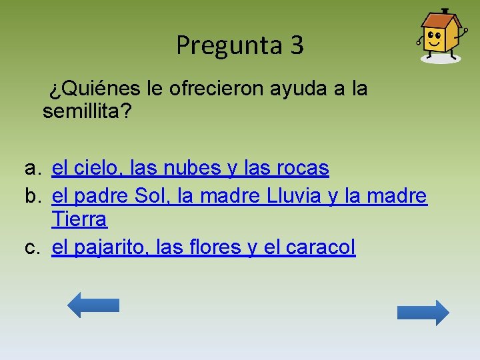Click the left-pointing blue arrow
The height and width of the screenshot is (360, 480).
[x=93, y=305]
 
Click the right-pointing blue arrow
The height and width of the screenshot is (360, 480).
[x=423, y=313]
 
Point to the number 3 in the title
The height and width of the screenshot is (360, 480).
[x=297, y=45]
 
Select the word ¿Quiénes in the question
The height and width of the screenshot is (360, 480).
[x=89, y=89]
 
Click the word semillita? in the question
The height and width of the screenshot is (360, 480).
[x=87, y=111]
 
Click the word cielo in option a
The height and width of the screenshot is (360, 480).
[x=96, y=169]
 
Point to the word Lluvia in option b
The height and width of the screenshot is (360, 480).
[x=298, y=197]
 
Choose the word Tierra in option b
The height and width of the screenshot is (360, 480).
[x=79, y=219]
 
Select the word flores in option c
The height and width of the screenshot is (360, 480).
[x=213, y=247]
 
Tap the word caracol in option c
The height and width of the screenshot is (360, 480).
[x=319, y=247]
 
